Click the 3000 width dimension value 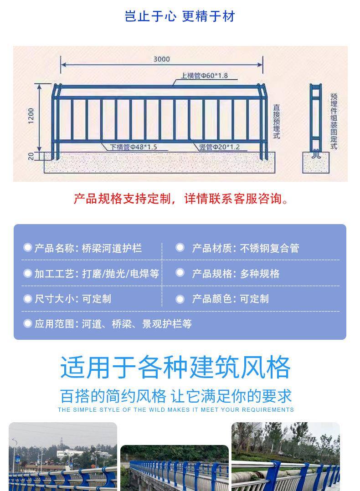pyautogui.click(x=161, y=59)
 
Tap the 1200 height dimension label pyautogui.click(x=31, y=116)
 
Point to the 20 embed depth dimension pyautogui.click(x=31, y=156)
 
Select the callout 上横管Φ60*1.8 pyautogui.click(x=204, y=76)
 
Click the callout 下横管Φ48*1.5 pyautogui.click(x=133, y=147)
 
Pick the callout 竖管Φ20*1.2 pyautogui.click(x=220, y=147)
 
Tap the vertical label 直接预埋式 pyautogui.click(x=276, y=122)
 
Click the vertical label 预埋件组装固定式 pyautogui.click(x=334, y=121)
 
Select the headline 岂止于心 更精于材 pyautogui.click(x=180, y=16)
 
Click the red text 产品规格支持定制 pyautogui.click(x=123, y=199)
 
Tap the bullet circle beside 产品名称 pyautogui.click(x=28, y=247)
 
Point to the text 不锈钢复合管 pyautogui.click(x=269, y=248)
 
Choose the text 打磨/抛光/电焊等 pyautogui.click(x=121, y=274)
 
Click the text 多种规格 pyautogui.click(x=260, y=274)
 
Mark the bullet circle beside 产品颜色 pyautogui.click(x=180, y=299)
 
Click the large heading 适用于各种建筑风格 pyautogui.click(x=175, y=367)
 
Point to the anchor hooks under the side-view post pyautogui.click(x=316, y=154)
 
